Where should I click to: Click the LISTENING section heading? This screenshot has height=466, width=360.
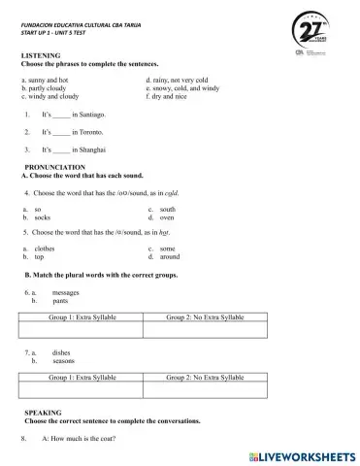40,57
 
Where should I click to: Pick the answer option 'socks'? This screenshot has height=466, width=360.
42,217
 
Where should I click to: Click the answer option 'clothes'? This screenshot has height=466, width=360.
45,249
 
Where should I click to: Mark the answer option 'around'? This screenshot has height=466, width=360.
170,257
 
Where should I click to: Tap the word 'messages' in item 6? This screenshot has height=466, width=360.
65,292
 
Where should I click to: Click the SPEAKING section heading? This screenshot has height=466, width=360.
42,413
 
